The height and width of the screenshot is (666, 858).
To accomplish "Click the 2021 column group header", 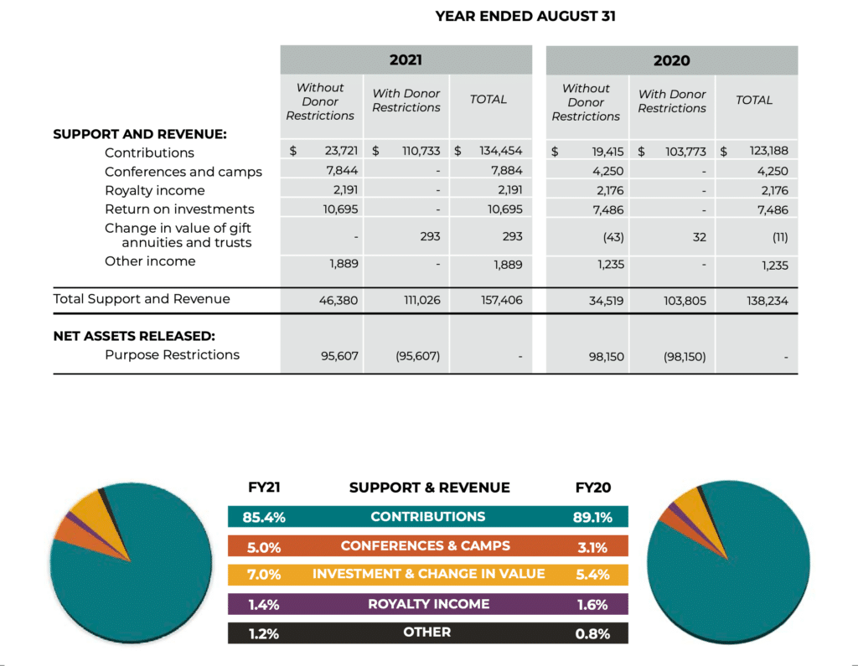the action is point(406,59).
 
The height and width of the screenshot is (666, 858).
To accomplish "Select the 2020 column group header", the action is point(671,60).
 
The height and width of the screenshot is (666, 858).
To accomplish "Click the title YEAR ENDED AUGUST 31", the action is point(525,17).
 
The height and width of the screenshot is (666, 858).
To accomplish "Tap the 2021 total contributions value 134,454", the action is point(501,151).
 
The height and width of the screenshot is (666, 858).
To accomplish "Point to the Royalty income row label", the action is point(155,190).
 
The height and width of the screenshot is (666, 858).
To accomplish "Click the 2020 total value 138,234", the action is point(768,301).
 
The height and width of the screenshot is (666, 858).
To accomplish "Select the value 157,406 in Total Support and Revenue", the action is point(502,300).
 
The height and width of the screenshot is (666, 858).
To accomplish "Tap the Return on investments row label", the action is point(179,209).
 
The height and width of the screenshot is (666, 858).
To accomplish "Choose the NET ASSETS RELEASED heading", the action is point(134,336).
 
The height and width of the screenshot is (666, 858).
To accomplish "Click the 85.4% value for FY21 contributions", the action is point(264,517).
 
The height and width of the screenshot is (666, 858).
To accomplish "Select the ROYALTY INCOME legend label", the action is point(428,604).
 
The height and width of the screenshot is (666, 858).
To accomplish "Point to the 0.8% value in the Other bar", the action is point(592,633).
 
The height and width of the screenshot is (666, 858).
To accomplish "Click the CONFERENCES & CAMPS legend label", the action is point(425,545).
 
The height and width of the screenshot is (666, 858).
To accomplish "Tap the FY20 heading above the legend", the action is point(593,488).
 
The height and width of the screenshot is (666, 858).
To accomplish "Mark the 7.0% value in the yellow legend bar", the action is point(264,575).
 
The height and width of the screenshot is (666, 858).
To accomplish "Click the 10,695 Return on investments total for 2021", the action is point(505,209).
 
